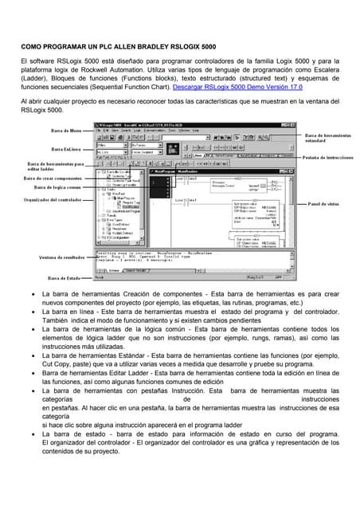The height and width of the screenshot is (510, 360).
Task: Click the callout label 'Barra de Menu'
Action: (66, 130)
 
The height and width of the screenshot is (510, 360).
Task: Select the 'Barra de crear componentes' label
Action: (53, 178)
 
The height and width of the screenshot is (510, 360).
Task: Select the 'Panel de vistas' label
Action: (323, 204)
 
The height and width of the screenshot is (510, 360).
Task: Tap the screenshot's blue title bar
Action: (199, 125)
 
